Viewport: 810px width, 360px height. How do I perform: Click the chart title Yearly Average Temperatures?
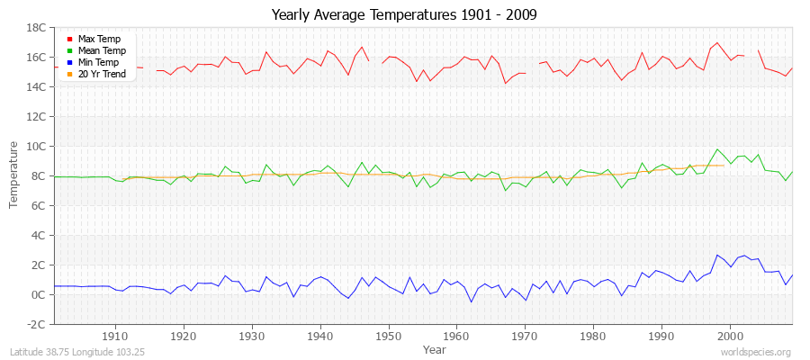click(x=404, y=15)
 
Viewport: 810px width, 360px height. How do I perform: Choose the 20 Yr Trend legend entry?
click(x=101, y=75)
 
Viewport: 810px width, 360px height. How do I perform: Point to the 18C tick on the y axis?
click(x=36, y=28)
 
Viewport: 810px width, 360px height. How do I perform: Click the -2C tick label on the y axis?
click(x=36, y=324)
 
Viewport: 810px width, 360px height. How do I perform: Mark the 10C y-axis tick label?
click(x=36, y=147)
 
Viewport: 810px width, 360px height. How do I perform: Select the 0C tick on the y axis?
click(x=39, y=294)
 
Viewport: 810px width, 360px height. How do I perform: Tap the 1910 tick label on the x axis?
click(x=115, y=336)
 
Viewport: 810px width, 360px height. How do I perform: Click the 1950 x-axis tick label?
click(x=388, y=336)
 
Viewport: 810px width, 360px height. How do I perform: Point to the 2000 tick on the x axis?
click(x=729, y=336)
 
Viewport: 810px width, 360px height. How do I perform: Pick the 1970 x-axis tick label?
click(x=525, y=336)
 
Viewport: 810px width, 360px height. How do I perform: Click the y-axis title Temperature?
click(x=14, y=175)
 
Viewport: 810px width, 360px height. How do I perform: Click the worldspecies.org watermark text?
click(x=757, y=352)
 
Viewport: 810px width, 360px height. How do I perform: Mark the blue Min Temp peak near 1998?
click(x=717, y=255)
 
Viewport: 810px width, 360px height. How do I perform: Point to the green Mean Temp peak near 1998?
click(x=717, y=149)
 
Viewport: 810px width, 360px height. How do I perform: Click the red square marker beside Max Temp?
click(x=69, y=40)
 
